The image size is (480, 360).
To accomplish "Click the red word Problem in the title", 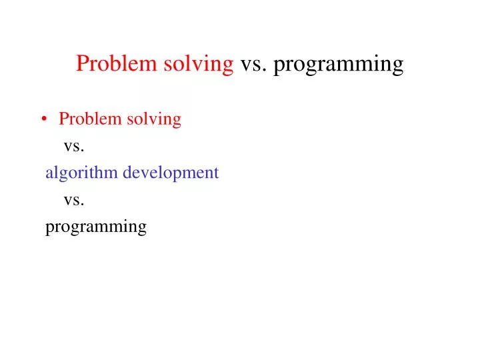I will (x=114, y=64).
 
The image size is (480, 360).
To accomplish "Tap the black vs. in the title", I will (x=253, y=65).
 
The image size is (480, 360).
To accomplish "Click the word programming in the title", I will (x=339, y=65).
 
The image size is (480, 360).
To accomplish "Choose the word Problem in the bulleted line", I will (x=87, y=119).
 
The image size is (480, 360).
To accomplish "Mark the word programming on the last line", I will (x=95, y=227).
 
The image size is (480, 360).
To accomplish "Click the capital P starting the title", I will (x=83, y=64).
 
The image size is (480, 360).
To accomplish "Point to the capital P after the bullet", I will (x=63, y=119).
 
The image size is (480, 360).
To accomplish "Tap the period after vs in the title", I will (x=266, y=70).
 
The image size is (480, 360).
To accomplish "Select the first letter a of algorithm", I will (x=49, y=174).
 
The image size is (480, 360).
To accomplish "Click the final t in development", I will (x=216, y=173).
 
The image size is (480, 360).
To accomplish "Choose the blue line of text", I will (x=132, y=173).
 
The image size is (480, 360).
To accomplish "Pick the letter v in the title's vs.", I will (x=245, y=66).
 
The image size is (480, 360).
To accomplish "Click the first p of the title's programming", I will (x=279, y=67).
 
